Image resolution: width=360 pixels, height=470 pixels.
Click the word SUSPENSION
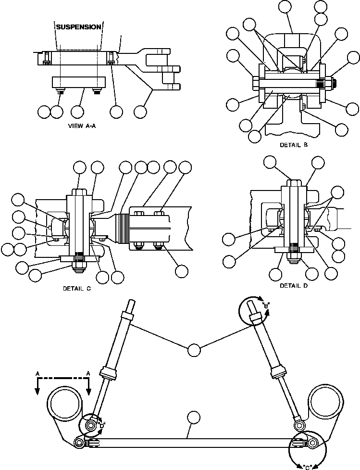click(x=78, y=27)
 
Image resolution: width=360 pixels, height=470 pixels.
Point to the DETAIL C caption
click(x=76, y=289)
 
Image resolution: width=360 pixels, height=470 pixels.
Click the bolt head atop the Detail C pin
click(x=80, y=192)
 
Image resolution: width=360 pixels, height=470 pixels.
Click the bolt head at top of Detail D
click(x=294, y=183)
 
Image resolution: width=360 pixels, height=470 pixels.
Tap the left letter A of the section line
click(x=37, y=373)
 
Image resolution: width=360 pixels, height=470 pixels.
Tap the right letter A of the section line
click(x=88, y=373)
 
